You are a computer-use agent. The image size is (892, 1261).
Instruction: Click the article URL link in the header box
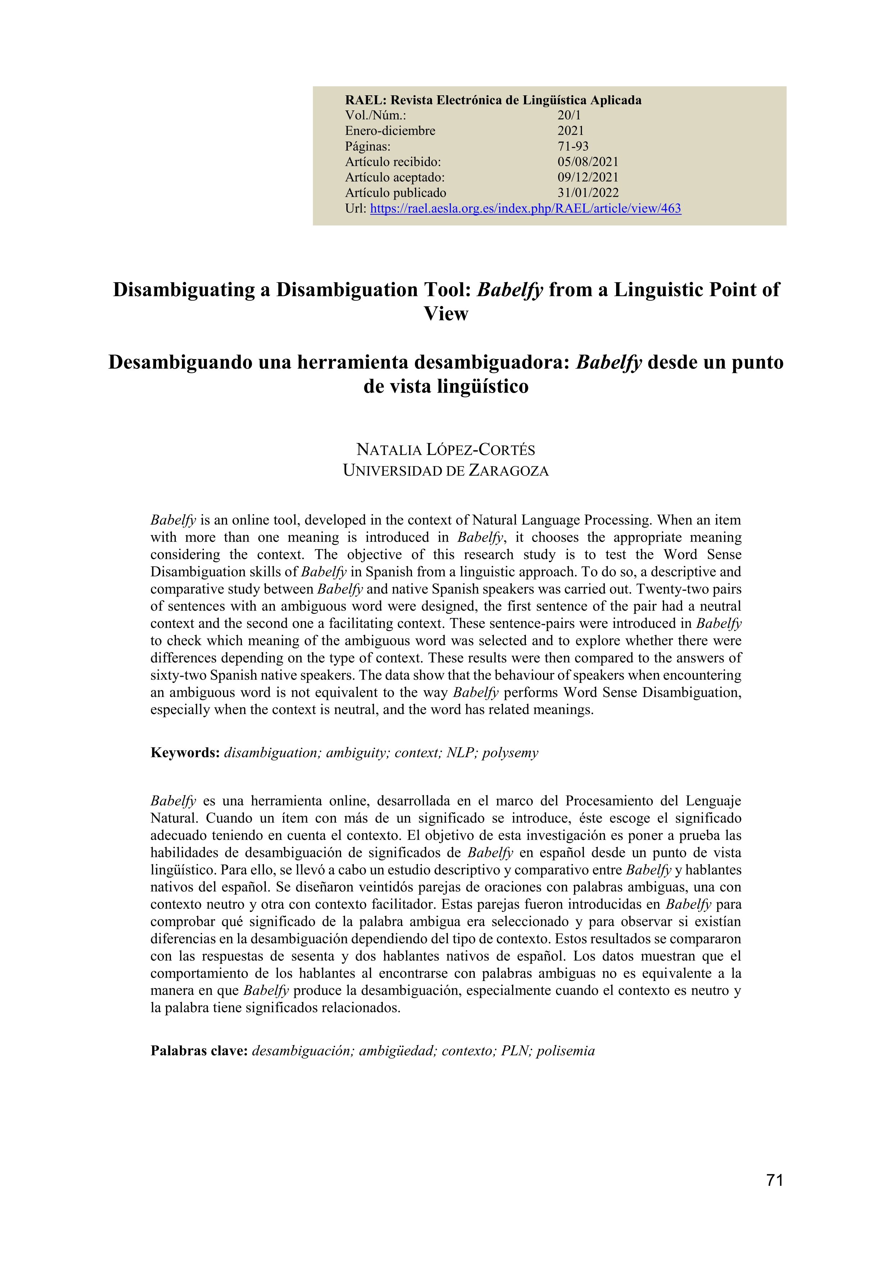point(525,209)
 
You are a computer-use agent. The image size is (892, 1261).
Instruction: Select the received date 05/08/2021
point(588,162)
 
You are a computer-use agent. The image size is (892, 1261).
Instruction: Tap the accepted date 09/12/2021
point(588,177)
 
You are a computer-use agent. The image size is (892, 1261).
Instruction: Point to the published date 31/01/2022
point(588,193)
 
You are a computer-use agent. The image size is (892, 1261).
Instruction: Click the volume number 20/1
point(569,115)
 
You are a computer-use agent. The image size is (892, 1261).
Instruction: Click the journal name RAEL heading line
point(493,100)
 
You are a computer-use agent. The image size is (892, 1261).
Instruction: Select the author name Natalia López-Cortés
point(445,450)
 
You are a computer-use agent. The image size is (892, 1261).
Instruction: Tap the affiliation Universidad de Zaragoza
point(445,471)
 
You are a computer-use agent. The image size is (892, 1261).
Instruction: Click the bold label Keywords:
point(185,753)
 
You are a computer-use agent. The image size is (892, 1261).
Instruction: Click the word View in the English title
point(445,314)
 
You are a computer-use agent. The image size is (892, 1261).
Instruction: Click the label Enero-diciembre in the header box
point(390,131)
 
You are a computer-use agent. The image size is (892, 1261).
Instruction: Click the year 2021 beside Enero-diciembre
point(571,131)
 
